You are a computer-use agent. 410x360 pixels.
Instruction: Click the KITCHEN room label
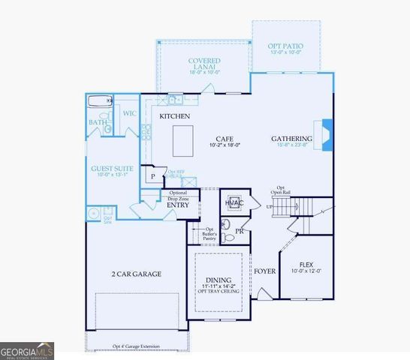[x=174, y=117]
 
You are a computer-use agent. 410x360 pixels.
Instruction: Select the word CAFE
[x=224, y=139]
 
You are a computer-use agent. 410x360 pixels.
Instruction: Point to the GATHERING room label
[x=291, y=139]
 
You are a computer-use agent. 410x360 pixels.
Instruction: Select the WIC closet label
[x=128, y=113]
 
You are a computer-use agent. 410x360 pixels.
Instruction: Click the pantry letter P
[x=153, y=177]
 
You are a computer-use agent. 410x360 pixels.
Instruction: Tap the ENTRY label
[x=177, y=204]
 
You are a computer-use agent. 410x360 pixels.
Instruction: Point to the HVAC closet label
[x=233, y=202]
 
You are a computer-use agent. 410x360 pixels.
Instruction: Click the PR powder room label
[x=240, y=231]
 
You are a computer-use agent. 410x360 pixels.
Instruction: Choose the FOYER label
[x=264, y=271]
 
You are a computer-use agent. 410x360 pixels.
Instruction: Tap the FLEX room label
[x=306, y=265]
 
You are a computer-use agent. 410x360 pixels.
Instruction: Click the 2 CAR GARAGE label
[x=136, y=274]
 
